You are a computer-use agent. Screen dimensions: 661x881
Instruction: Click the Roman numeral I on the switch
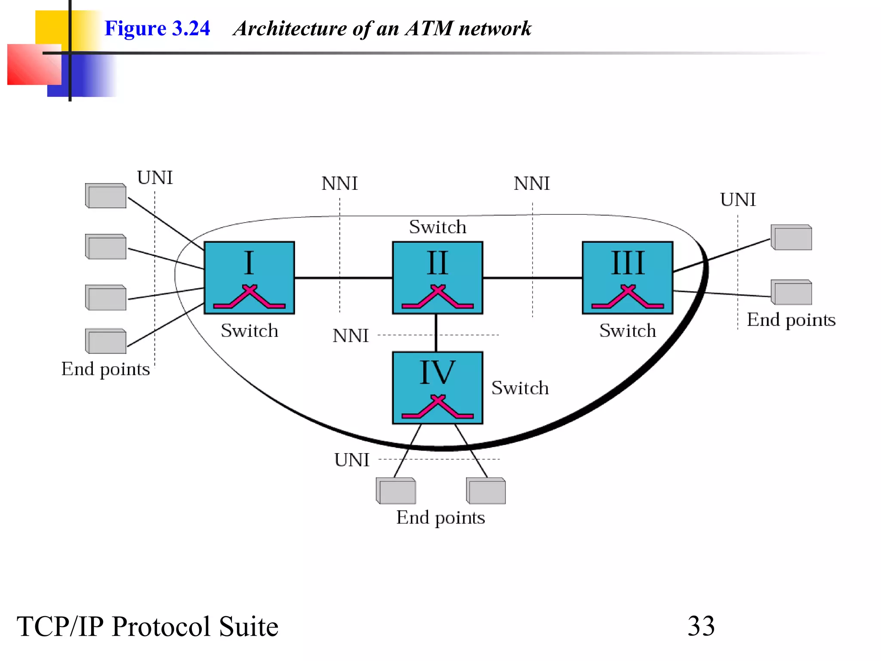tap(249, 263)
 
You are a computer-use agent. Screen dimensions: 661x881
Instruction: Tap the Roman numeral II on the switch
tap(437, 263)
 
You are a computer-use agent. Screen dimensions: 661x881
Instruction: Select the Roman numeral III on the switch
tap(628, 263)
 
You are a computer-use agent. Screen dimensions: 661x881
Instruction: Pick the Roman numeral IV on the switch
tap(437, 373)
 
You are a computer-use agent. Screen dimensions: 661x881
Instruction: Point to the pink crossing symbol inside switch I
tap(249, 297)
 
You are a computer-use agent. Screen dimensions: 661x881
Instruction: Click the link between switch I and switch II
tap(343, 278)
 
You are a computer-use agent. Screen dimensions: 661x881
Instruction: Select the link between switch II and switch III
tap(532, 278)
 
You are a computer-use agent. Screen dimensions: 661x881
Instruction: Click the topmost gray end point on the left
tap(106, 196)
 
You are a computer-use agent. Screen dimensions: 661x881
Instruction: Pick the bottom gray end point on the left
tap(106, 341)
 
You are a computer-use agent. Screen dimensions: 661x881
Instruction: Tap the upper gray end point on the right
tap(791, 237)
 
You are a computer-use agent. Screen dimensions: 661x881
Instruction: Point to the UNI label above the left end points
tap(155, 178)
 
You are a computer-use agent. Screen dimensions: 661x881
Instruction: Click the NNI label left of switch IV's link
tap(351, 336)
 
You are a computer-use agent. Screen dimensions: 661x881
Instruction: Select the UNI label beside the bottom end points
tap(352, 460)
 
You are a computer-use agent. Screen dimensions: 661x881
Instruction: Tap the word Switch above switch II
tap(437, 227)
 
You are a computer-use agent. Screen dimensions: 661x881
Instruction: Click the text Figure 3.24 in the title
tap(157, 28)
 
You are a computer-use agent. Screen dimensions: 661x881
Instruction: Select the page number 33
tap(701, 626)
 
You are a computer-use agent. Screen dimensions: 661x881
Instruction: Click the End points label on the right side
tap(791, 320)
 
